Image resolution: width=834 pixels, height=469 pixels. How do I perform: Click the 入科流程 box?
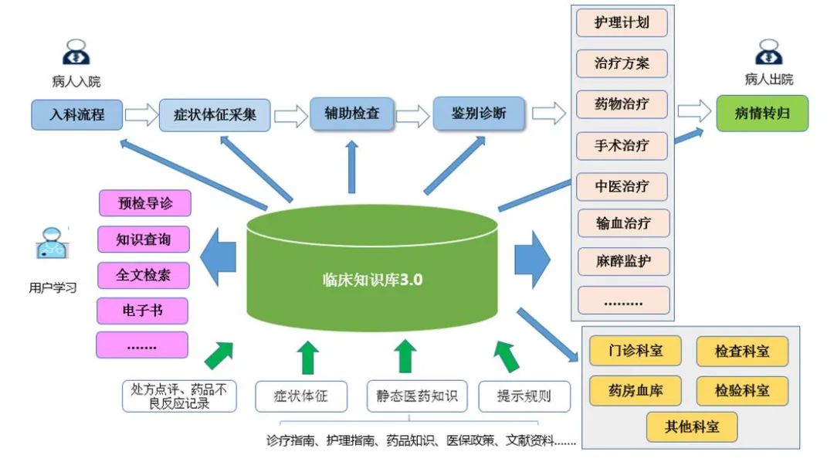point(77,115)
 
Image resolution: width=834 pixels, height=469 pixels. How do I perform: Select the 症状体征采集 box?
point(207,116)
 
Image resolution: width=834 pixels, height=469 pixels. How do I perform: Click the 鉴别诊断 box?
point(479,113)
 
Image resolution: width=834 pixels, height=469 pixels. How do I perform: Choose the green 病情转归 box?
point(761,114)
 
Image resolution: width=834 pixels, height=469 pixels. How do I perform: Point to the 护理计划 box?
point(622,23)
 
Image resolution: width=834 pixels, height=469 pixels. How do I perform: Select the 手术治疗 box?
point(622,144)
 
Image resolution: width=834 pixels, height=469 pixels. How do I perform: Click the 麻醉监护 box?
point(622,260)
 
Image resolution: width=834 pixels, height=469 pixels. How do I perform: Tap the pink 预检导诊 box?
point(144,204)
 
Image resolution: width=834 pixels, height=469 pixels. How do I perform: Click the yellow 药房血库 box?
point(636,390)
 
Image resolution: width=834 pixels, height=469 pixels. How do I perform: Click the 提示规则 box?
point(524,396)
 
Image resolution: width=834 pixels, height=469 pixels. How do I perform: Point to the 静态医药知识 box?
point(416,396)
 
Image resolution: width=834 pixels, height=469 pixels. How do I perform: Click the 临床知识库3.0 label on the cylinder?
point(372,280)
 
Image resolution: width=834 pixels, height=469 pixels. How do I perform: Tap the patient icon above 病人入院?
point(76,53)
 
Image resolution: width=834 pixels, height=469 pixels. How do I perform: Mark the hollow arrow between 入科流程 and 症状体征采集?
point(141,116)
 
